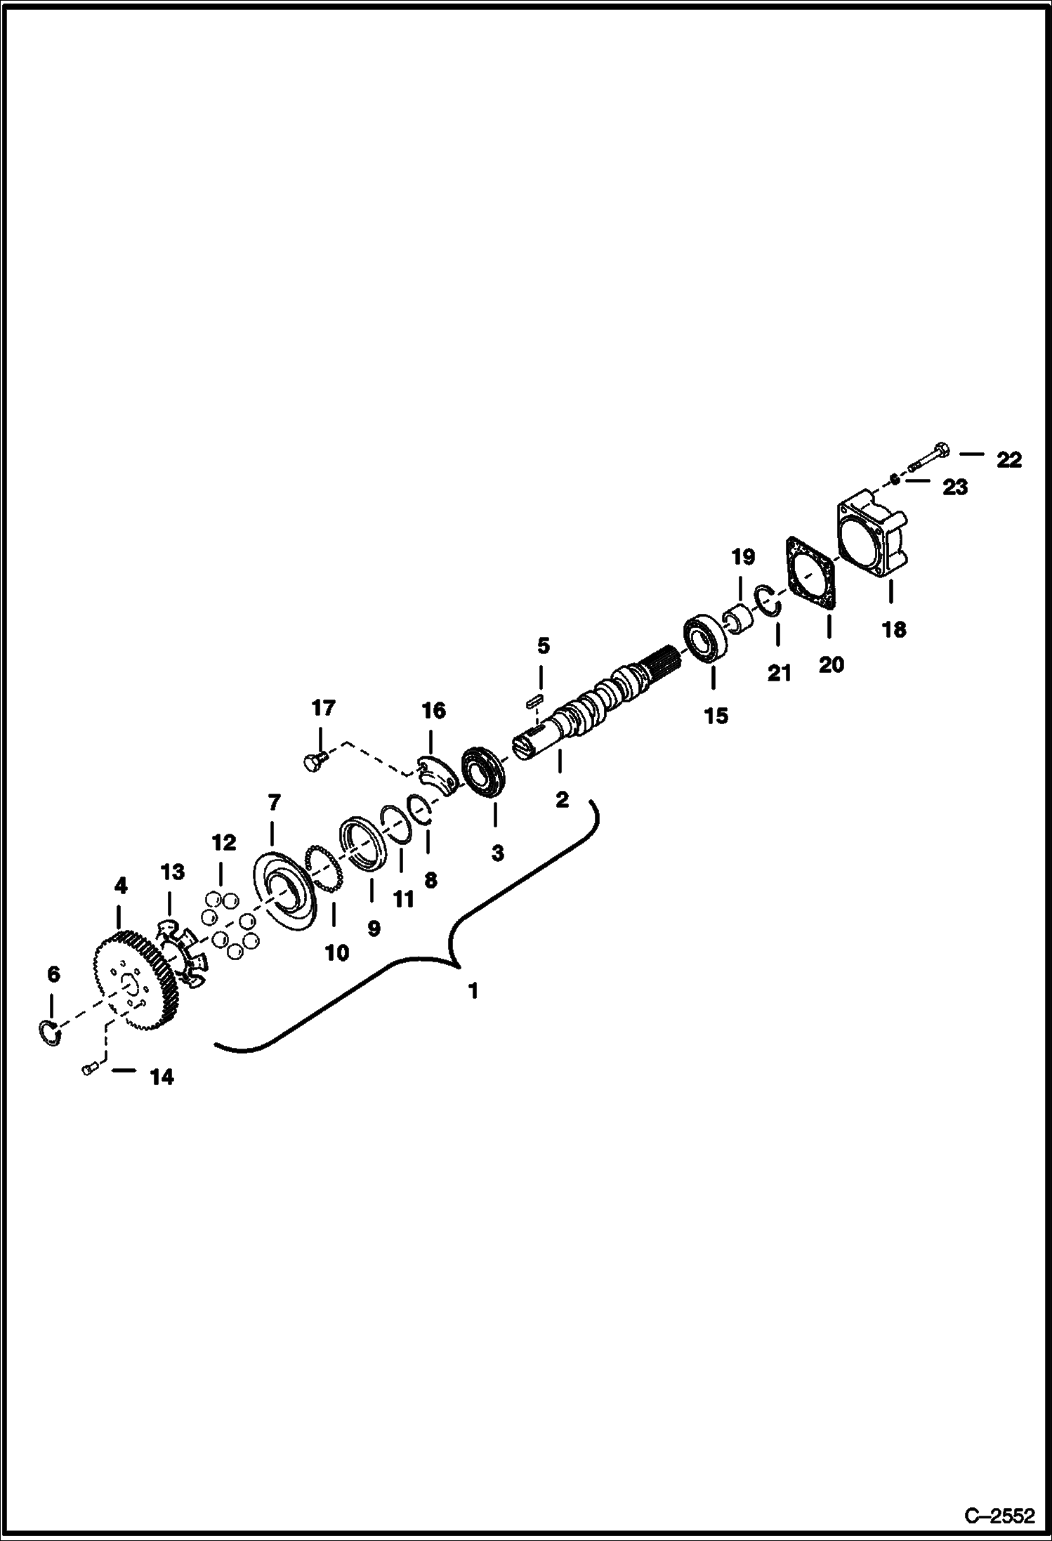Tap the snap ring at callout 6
pos(48,1032)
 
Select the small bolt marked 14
pos(88,1089)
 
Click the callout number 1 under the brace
pos(473,990)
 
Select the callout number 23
pos(955,487)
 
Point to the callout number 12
pos(225,842)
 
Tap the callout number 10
pos(337,952)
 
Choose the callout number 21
pos(779,674)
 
